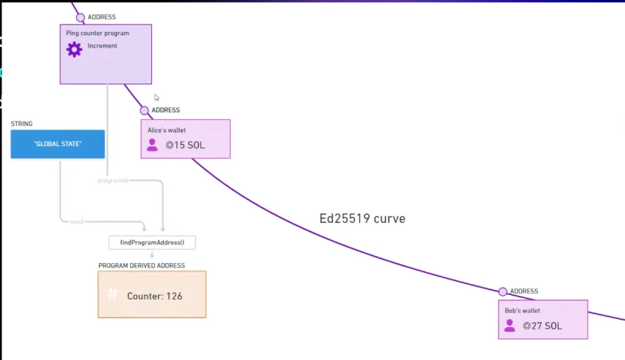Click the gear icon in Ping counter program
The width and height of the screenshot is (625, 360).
coord(74,49)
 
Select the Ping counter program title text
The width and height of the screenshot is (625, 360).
coord(98,34)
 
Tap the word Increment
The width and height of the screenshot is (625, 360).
coord(102,46)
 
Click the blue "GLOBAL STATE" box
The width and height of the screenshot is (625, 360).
coord(57,144)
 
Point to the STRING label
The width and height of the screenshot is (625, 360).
coord(22,124)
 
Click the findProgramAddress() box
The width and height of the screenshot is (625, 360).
coord(152,243)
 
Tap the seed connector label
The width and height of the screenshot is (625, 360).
coord(77,221)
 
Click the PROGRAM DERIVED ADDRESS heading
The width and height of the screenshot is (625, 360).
coord(142,265)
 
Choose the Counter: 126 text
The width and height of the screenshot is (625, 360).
coord(155,296)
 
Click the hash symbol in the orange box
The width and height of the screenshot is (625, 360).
coord(112,294)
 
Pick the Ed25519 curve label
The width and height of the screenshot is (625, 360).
coord(362,218)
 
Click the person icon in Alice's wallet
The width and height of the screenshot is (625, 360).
coord(153,145)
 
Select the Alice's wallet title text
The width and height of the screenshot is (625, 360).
coord(167,130)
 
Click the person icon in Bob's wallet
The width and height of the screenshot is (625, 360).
coord(510,325)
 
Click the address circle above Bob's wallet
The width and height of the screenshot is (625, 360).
coord(503,291)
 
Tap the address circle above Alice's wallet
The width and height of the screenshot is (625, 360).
coord(145,110)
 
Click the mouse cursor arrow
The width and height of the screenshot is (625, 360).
coord(156,97)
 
